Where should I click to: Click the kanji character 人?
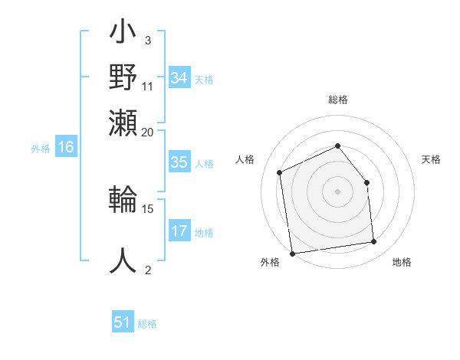tap(123, 260)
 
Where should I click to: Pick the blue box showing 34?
tap(179, 78)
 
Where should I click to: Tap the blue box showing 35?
tap(179, 162)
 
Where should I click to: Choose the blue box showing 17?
tap(179, 231)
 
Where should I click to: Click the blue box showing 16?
tap(66, 148)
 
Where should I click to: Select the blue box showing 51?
tap(123, 322)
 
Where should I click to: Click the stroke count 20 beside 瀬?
tap(148, 132)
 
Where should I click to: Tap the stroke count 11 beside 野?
tap(148, 86)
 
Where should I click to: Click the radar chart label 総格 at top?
tap(337, 100)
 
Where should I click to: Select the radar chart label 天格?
tap(432, 159)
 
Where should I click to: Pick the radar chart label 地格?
tap(402, 263)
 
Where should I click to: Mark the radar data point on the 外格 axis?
tap(292, 254)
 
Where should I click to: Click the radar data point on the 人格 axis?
tap(281, 172)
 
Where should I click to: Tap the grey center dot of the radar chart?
tap(337, 191)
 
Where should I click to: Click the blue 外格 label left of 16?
tap(41, 149)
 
